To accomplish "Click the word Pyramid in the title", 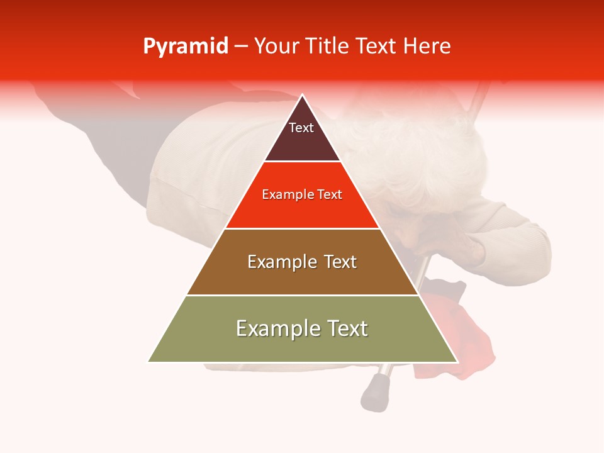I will [x=186, y=47].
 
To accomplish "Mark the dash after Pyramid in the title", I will [x=240, y=47].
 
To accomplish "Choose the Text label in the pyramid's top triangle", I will [x=301, y=128].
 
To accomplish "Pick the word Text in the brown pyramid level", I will [x=340, y=262].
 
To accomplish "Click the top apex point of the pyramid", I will [x=303, y=95].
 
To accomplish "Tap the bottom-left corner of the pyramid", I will [x=148, y=362].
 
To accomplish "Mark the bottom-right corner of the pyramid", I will [x=457, y=362].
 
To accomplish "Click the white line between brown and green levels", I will [x=303, y=295].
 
